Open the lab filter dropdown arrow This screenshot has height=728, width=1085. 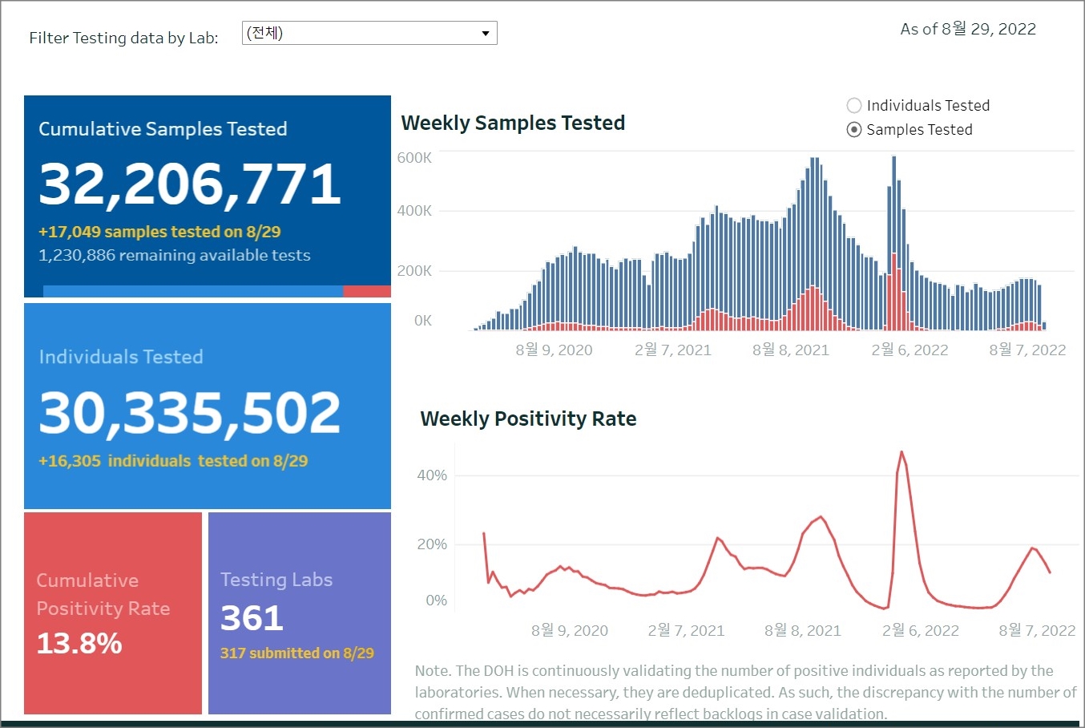(x=485, y=34)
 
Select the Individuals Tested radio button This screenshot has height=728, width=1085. (x=854, y=106)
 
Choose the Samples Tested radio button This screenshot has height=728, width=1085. (x=854, y=130)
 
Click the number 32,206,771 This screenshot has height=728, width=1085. (x=190, y=184)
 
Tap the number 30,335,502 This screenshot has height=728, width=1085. (x=190, y=413)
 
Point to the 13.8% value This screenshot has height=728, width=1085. (x=79, y=643)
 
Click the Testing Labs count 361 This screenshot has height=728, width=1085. (x=252, y=618)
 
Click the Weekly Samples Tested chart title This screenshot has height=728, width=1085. (x=513, y=123)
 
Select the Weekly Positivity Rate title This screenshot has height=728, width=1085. (x=528, y=419)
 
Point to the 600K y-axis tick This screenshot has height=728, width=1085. (x=414, y=158)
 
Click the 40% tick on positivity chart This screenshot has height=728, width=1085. (x=432, y=475)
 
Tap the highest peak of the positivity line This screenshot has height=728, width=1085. (x=901, y=452)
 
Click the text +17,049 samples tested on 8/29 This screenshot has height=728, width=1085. (x=159, y=232)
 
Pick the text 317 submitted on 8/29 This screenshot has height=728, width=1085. (x=296, y=653)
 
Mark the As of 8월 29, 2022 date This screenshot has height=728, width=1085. (x=968, y=29)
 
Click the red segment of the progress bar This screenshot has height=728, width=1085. (x=366, y=292)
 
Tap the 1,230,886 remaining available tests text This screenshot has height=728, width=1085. (x=174, y=255)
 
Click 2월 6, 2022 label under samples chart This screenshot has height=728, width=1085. (x=910, y=350)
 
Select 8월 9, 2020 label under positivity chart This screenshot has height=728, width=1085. (x=569, y=630)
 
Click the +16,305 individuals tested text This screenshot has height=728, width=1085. (x=173, y=461)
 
